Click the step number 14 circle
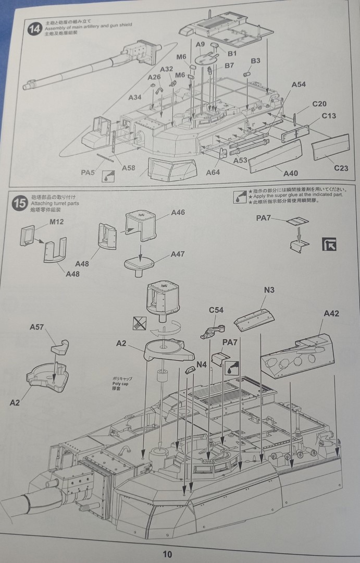coord(35,29)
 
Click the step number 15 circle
coord(19,203)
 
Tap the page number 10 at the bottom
coord(166,554)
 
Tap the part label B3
coord(255,62)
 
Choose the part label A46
coord(178,213)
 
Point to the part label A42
coord(331,313)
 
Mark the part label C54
coord(216,310)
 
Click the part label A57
coord(37,327)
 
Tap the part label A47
coord(178,254)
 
